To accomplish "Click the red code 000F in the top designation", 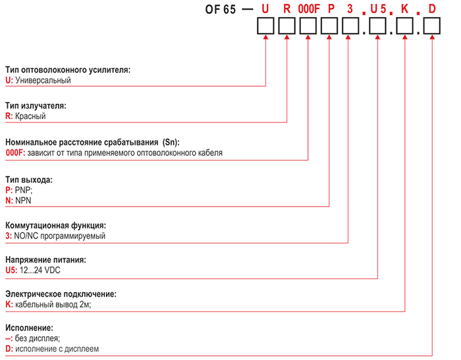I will point(309,9).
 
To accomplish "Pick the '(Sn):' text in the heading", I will point(171,142).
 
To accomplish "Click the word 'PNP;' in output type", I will point(24,190).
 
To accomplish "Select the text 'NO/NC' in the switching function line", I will point(25,236).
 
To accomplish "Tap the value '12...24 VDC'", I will point(41,270).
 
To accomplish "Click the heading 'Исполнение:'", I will point(29,328).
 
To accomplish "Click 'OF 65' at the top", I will point(220,9).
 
